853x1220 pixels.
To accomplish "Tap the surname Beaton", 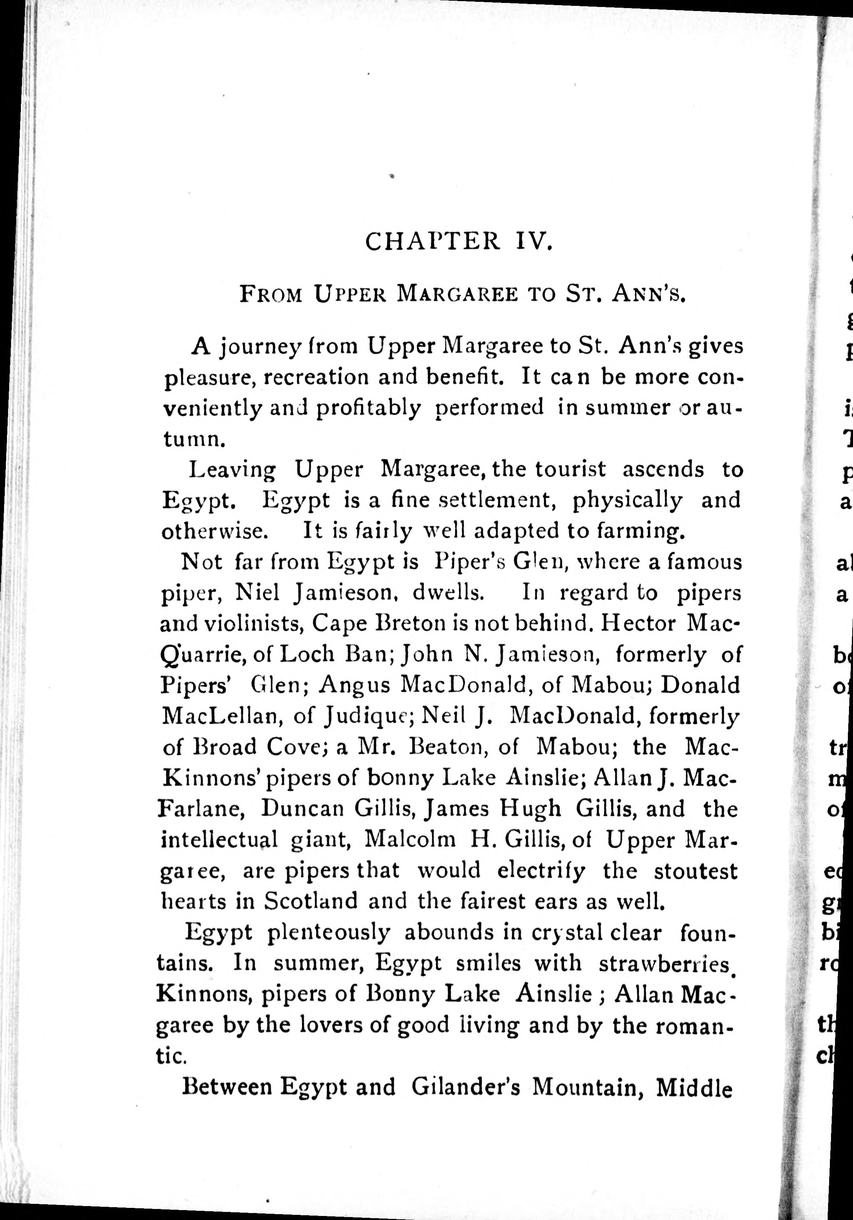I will tap(453, 748).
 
